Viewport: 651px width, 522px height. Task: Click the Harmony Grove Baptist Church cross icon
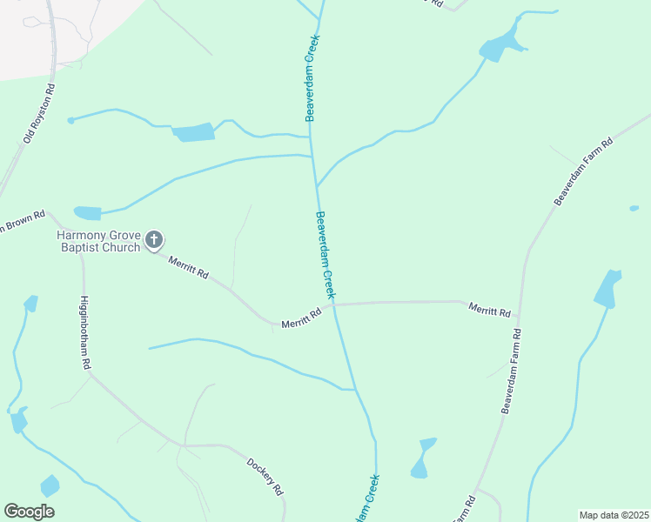154,240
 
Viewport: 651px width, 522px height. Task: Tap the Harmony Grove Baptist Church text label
98,241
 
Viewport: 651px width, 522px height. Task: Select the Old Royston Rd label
38,113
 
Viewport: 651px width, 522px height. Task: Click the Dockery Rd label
266,477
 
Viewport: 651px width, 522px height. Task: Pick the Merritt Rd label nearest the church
189,268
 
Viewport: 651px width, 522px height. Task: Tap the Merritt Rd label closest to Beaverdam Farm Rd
489,308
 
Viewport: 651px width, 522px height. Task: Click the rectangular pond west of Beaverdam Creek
193,133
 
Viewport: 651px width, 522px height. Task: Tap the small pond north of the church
87,213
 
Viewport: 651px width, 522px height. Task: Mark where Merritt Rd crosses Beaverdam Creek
333,304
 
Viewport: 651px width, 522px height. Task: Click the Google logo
29,512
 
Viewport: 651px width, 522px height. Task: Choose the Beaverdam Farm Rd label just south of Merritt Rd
512,371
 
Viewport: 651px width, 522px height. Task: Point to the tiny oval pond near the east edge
634,208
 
